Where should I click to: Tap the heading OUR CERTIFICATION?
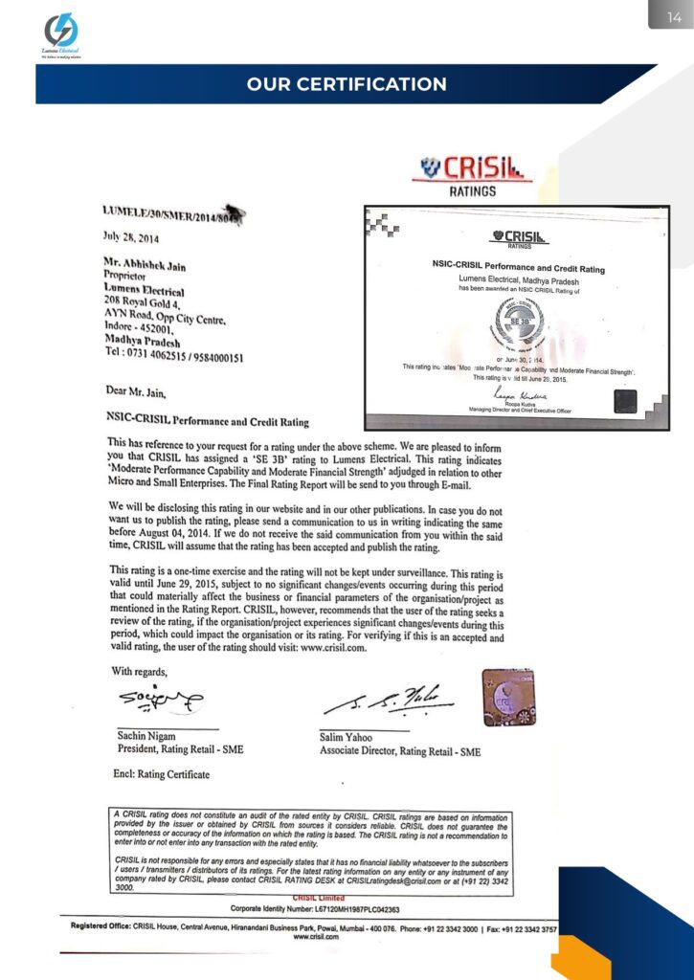click(347, 84)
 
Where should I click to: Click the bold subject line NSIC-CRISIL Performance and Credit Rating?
click(208, 419)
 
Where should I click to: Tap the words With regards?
click(145, 671)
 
